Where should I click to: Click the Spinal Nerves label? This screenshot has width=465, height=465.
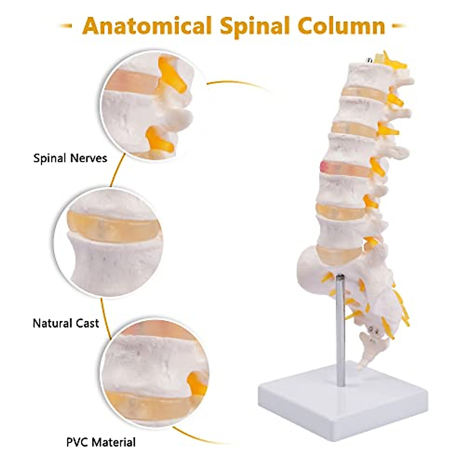pos(70,158)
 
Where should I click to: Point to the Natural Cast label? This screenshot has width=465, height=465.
pos(66,323)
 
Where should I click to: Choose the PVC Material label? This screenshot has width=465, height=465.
pos(101,442)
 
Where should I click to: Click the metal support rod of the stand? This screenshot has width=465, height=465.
pos(340,329)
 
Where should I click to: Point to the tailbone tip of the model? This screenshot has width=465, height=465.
pos(362,364)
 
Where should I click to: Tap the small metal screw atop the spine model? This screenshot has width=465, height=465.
pos(369,60)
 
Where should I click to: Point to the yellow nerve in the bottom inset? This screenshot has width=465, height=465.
pos(196,382)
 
